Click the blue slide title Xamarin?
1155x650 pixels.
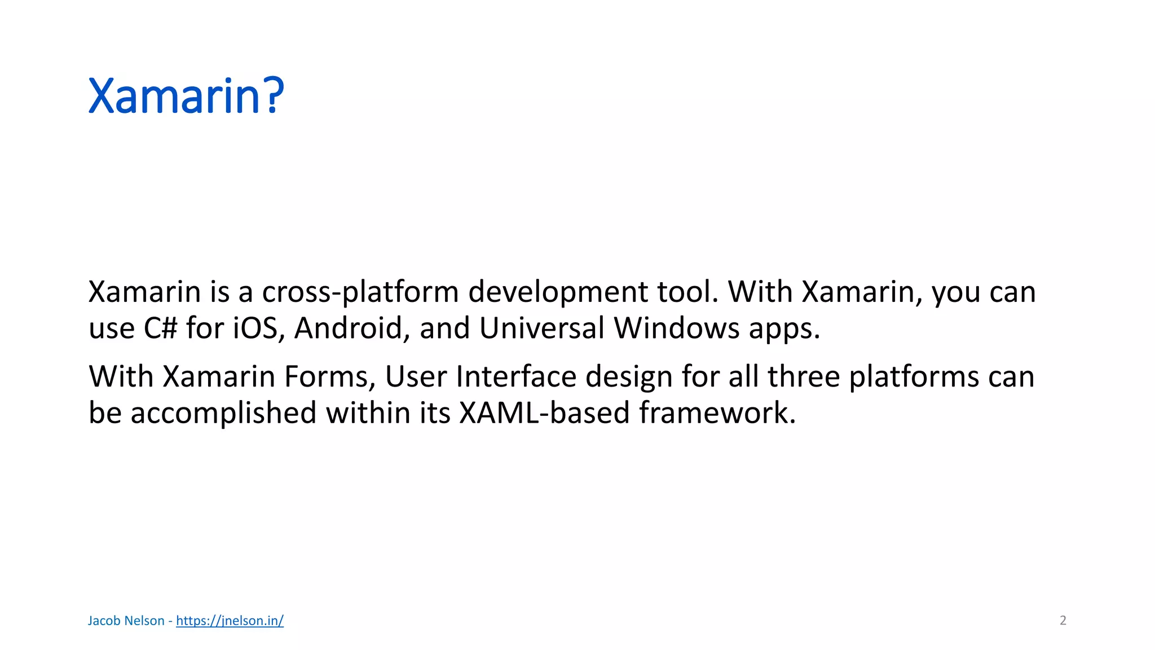tap(186, 96)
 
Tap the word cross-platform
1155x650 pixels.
tap(360, 293)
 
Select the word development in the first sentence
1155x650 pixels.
tap(558, 293)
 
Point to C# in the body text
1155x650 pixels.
tap(161, 328)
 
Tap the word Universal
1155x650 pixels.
tap(542, 328)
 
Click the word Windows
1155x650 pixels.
tap(677, 328)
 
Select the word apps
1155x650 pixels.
tap(784, 330)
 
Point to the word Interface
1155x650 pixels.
tap(516, 376)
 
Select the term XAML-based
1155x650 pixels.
tap(544, 412)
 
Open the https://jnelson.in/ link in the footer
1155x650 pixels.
tap(230, 621)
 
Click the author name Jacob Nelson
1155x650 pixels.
tap(126, 621)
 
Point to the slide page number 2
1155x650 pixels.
tap(1063, 621)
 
